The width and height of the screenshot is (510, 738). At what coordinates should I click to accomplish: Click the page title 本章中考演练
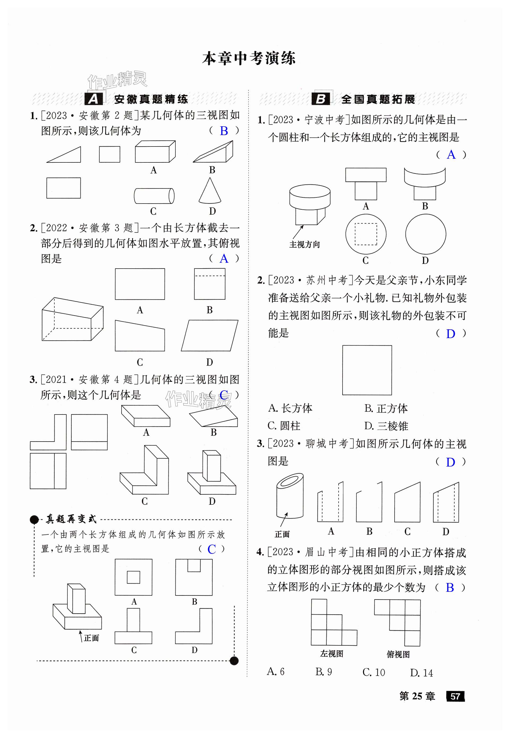[249, 58]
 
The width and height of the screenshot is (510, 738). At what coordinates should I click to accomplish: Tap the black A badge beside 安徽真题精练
[93, 99]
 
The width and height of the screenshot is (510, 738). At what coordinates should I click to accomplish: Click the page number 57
[455, 696]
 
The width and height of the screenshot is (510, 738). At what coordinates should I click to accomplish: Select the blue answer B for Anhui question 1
[224, 131]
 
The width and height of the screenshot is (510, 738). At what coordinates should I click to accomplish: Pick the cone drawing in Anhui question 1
[210, 191]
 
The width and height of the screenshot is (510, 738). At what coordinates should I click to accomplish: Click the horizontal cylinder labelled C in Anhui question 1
[154, 196]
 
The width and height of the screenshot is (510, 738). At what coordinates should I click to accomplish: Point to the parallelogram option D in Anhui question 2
[210, 335]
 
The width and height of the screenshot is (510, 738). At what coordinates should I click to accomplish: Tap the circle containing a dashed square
[366, 234]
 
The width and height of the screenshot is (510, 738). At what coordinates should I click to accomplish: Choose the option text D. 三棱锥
[386, 426]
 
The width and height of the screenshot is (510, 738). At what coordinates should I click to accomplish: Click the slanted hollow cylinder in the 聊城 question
[289, 495]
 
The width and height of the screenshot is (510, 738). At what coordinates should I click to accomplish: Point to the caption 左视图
[331, 654]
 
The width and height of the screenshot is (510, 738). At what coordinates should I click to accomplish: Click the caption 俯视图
[398, 654]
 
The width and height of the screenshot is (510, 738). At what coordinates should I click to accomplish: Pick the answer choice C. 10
[374, 672]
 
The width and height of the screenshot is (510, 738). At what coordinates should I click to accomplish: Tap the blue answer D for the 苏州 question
[450, 334]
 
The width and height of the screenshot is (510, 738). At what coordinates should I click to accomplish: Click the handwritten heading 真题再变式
[71, 519]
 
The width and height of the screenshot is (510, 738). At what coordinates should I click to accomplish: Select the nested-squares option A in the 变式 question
[133, 577]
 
